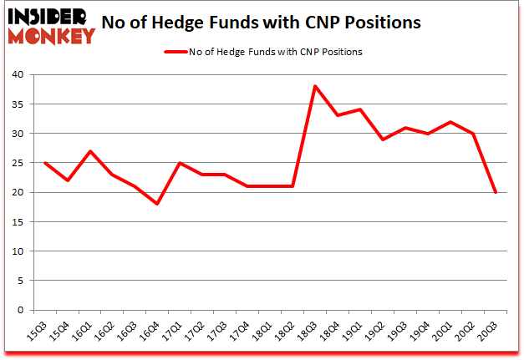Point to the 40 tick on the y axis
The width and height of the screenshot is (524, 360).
click(19, 74)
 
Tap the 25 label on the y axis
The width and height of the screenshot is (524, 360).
click(19, 163)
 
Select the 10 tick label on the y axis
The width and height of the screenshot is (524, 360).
click(19, 251)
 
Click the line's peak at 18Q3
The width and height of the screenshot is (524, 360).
click(314, 86)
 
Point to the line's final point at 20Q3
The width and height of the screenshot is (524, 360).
click(496, 192)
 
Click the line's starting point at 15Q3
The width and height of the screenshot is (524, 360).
click(43, 163)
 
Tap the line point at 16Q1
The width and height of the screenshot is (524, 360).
click(89, 151)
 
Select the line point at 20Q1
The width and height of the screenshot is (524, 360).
click(451, 122)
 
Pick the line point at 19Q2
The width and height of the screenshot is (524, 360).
click(383, 139)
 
